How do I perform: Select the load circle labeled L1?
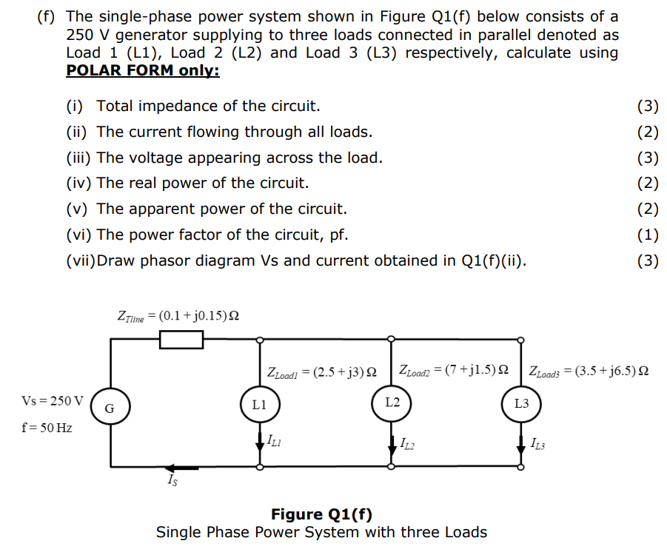(x=259, y=404)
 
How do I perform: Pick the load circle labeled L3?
(x=521, y=404)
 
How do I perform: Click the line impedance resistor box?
(x=181, y=340)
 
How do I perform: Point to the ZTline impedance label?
(x=178, y=316)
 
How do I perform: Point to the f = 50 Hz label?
(x=47, y=428)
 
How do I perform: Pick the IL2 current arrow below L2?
(x=392, y=443)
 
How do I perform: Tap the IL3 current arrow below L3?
(x=521, y=443)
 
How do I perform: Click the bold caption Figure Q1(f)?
(x=321, y=514)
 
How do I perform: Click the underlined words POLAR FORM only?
(x=143, y=70)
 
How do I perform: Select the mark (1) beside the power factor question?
(x=647, y=235)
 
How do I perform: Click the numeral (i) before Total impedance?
(x=75, y=106)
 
